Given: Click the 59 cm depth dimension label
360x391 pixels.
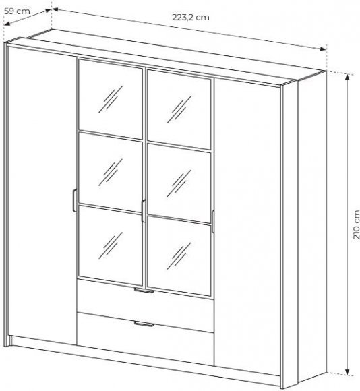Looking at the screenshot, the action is coord(17,11).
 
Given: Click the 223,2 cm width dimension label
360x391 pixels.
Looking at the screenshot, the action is coord(191,18).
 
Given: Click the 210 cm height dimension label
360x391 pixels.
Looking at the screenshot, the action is coord(356,224).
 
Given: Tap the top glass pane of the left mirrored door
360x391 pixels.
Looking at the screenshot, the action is coord(110,98).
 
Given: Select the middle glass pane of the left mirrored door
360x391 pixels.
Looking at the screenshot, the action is coord(110,173).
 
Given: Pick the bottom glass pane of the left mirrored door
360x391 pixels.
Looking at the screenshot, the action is coord(110,245).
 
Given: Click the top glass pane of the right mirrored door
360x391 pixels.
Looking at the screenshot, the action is coord(179,110).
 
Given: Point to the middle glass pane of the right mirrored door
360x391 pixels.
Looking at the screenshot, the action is coord(179,183).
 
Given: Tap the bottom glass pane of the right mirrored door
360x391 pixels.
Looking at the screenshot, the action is coord(179,256).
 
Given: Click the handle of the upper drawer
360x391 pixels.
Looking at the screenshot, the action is coord(144,291).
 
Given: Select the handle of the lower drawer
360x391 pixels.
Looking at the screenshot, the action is coord(144,324).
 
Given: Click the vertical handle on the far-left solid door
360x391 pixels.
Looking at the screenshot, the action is coord(75,200).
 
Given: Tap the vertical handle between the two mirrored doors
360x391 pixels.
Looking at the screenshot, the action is coord(144,211).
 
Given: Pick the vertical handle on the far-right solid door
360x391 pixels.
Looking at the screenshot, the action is coord(212,222).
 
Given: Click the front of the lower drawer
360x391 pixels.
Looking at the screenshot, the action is coord(146,338).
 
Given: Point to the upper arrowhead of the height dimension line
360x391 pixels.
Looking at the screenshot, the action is coord(347,78).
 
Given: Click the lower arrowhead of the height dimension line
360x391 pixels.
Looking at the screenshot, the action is coord(347,371).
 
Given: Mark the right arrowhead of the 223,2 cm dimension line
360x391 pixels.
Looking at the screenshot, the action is coord(323,49).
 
